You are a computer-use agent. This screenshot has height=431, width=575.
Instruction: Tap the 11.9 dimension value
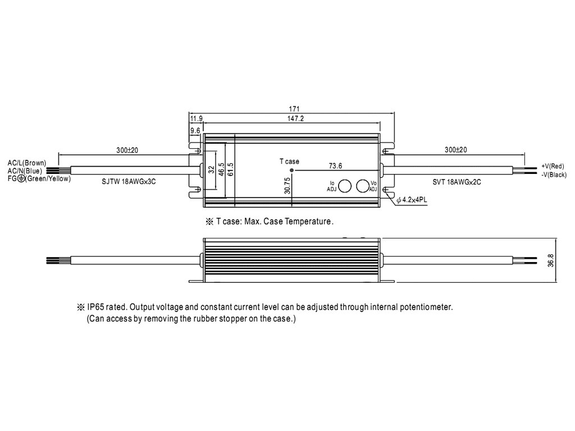click(196, 119)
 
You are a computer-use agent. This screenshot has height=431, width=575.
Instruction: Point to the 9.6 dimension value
click(195, 130)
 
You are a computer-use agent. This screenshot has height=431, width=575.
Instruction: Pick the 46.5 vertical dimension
click(221, 169)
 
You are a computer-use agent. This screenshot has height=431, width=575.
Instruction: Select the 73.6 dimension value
click(336, 165)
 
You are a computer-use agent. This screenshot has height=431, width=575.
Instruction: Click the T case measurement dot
click(292, 169)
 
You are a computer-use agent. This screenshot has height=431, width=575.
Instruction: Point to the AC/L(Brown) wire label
click(27, 163)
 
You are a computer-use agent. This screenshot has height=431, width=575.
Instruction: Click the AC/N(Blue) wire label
click(25, 171)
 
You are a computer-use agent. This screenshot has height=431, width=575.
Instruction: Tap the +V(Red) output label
click(553, 166)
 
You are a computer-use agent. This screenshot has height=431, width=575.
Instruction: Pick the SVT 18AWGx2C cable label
click(457, 182)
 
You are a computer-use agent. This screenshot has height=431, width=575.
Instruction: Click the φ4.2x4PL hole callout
click(412, 200)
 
